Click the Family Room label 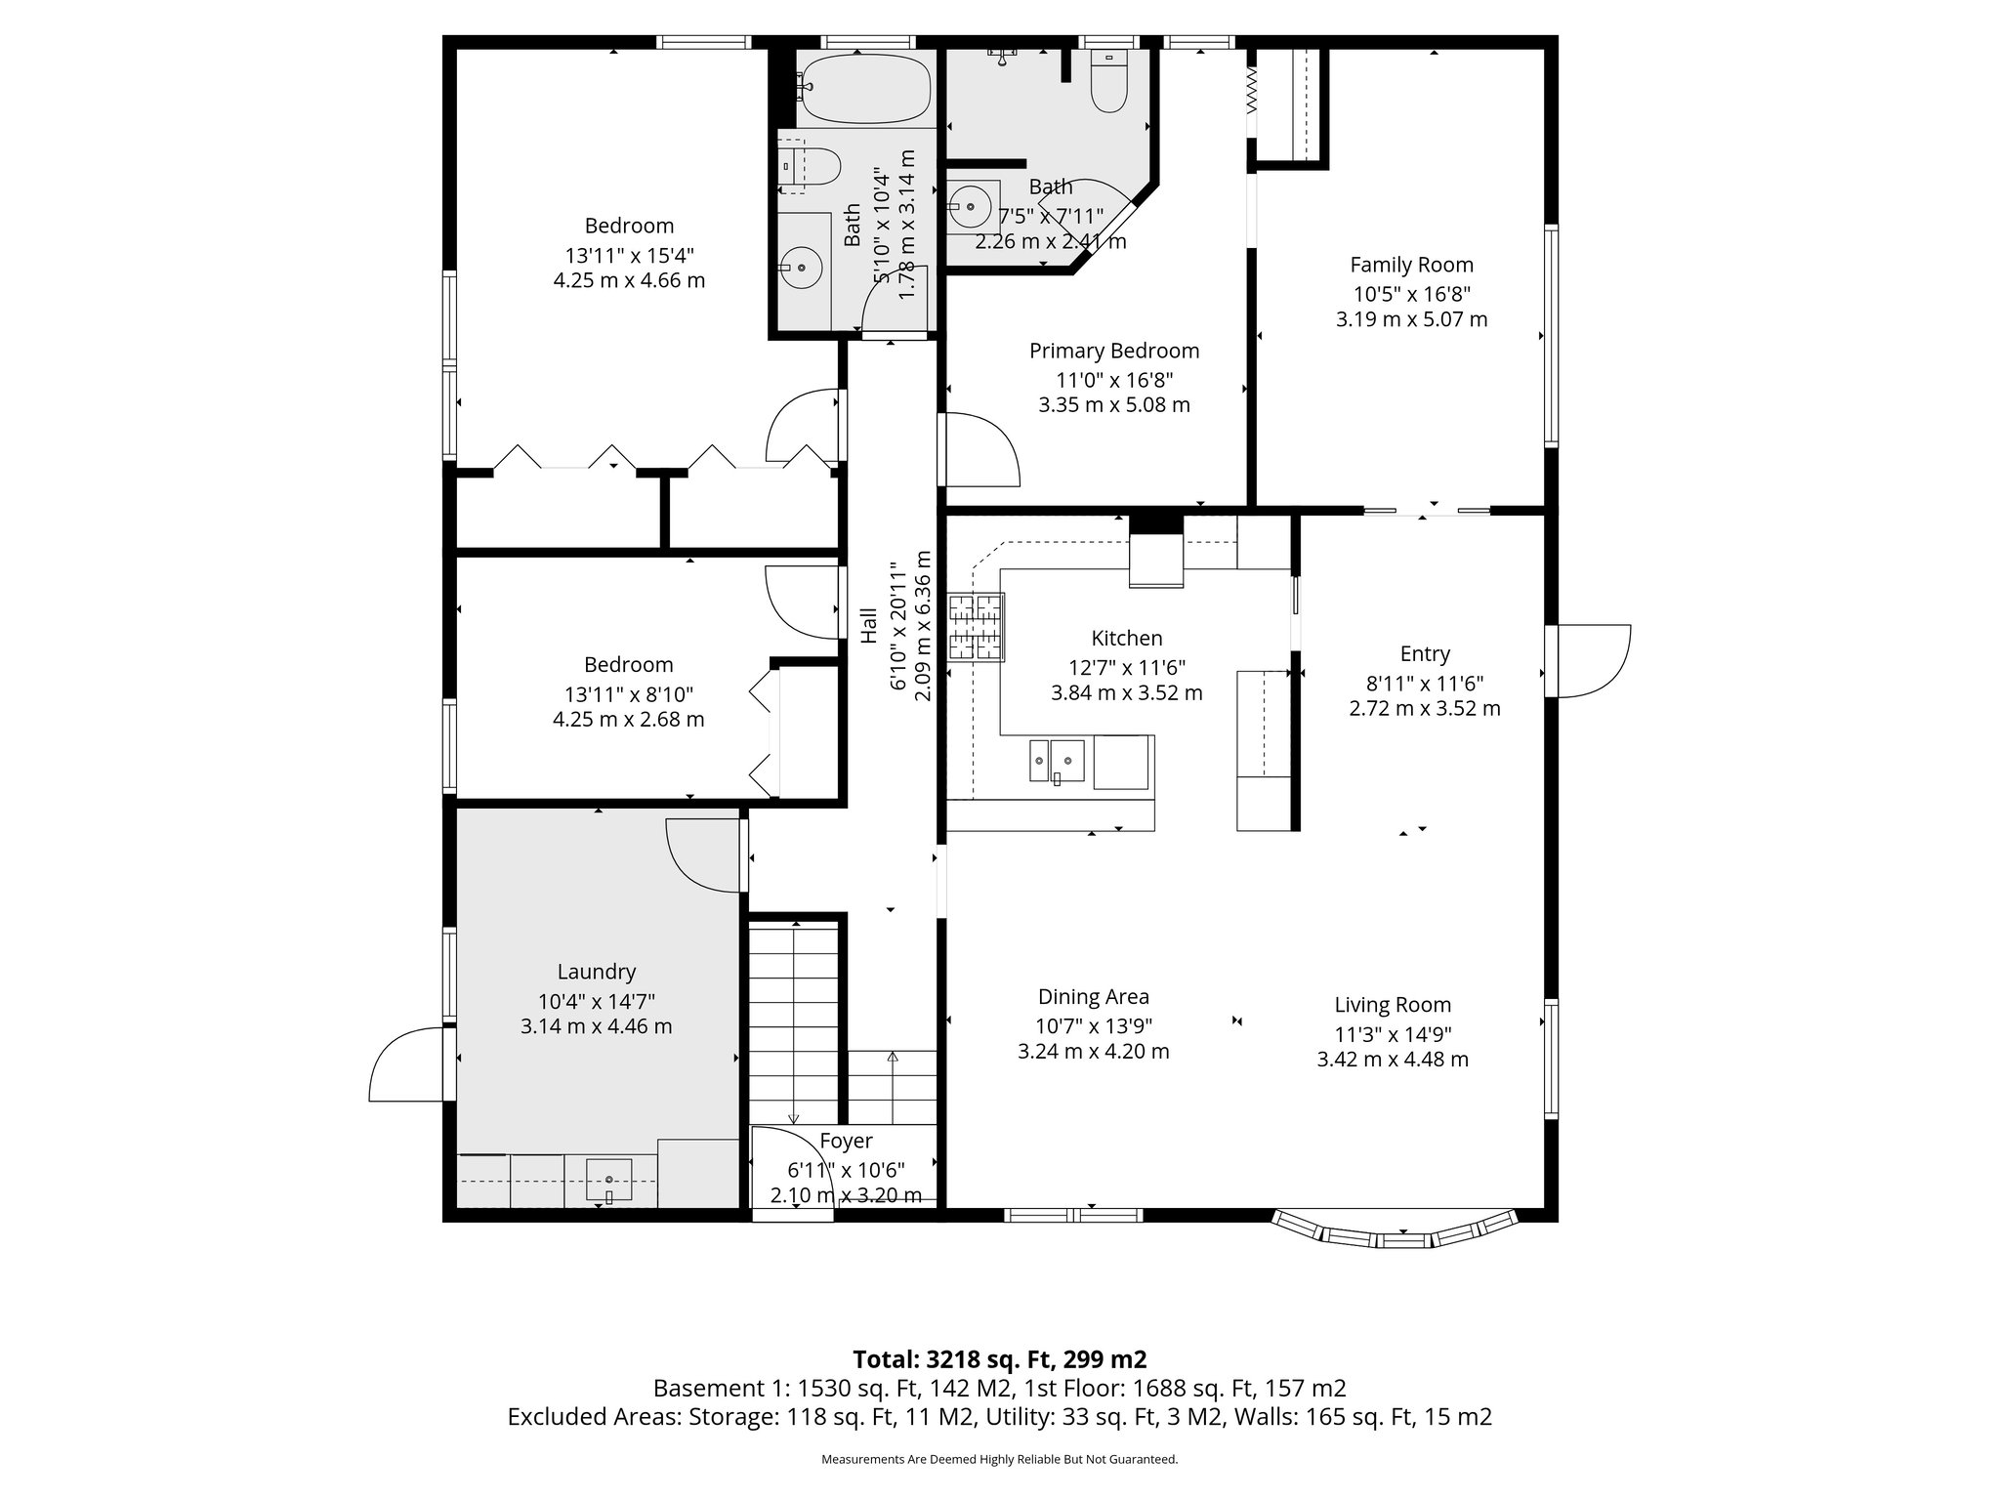click(1411, 265)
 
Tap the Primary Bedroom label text click(1114, 351)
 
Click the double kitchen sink click(1057, 760)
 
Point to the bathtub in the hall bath click(865, 89)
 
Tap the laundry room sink click(608, 1179)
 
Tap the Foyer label click(846, 1141)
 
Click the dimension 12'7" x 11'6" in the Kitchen click(1127, 668)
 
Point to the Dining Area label click(1093, 997)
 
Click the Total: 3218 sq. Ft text click(999, 1359)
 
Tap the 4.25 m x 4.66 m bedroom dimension click(629, 281)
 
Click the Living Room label click(1393, 1005)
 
